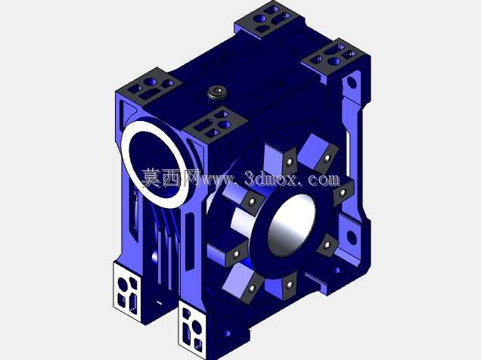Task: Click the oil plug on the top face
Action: pos(217,92)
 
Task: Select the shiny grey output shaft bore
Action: pos(291,225)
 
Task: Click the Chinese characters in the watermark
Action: pos(171,178)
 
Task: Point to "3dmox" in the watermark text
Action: pos(271,178)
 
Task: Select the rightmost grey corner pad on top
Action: pos(334,57)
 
